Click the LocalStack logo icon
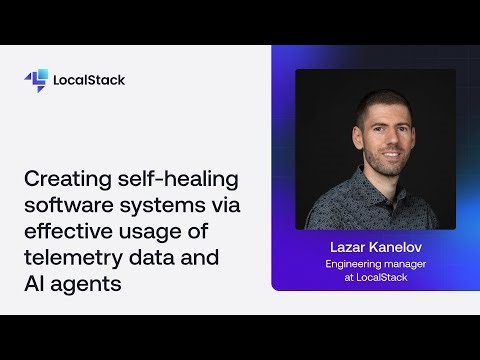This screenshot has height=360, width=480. click(x=36, y=80)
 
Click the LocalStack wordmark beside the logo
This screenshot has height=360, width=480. click(x=89, y=80)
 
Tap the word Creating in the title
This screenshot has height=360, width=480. click(x=62, y=180)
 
